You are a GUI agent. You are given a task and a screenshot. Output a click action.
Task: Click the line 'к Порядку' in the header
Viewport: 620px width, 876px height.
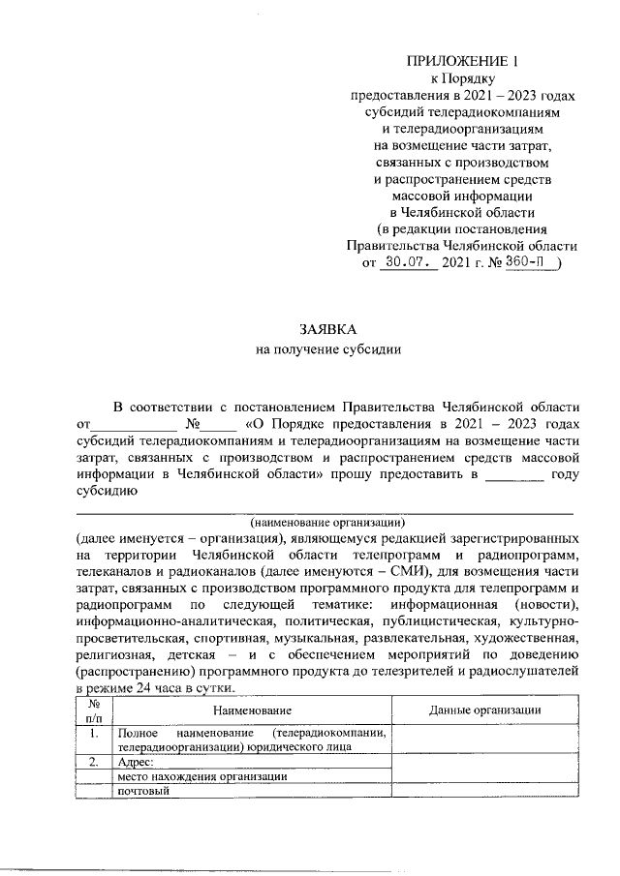[462, 78]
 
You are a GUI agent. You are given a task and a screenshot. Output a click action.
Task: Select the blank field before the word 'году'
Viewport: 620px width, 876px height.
[512, 473]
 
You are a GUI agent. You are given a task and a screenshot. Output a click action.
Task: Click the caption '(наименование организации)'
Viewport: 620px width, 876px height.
[325, 521]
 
